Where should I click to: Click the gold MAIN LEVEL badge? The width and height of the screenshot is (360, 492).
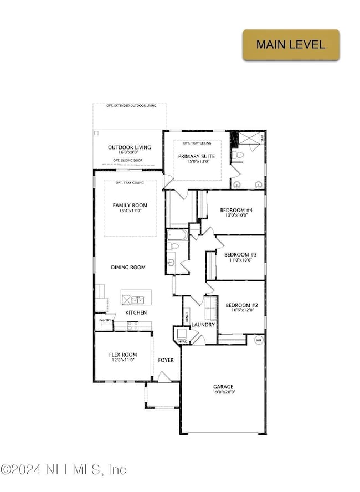(x=291, y=45)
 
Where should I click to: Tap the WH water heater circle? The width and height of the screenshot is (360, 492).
(x=258, y=340)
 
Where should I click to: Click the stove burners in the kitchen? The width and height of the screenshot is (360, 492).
(x=133, y=327)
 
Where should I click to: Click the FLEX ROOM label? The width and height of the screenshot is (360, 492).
(x=122, y=355)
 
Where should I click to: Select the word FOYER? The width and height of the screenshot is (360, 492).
(x=166, y=360)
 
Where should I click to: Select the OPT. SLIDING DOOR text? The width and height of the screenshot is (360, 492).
(x=128, y=160)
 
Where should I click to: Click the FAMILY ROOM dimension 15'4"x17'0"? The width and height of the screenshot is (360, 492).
(x=130, y=211)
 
